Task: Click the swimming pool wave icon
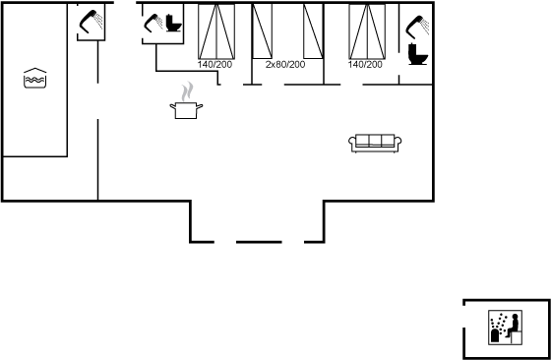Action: (35, 78)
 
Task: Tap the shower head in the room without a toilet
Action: (91, 21)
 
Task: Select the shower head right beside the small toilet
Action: (153, 23)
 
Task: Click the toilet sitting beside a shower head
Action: (173, 24)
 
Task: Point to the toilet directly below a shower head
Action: (418, 54)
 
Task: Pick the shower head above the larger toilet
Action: (417, 27)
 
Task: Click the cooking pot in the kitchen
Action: (186, 110)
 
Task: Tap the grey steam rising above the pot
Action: (187, 91)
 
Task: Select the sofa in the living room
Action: (375, 143)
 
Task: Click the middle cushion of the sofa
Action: (375, 140)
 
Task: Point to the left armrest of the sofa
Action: (352, 142)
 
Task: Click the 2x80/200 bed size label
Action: (285, 65)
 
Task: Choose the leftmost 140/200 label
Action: (214, 65)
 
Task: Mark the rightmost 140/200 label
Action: (365, 65)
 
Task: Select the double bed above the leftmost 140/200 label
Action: (216, 31)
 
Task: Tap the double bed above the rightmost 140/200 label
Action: (367, 31)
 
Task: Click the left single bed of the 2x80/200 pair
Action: (262, 30)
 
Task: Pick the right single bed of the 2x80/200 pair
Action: (313, 30)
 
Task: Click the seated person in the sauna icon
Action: (513, 326)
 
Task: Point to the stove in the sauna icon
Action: (495, 335)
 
